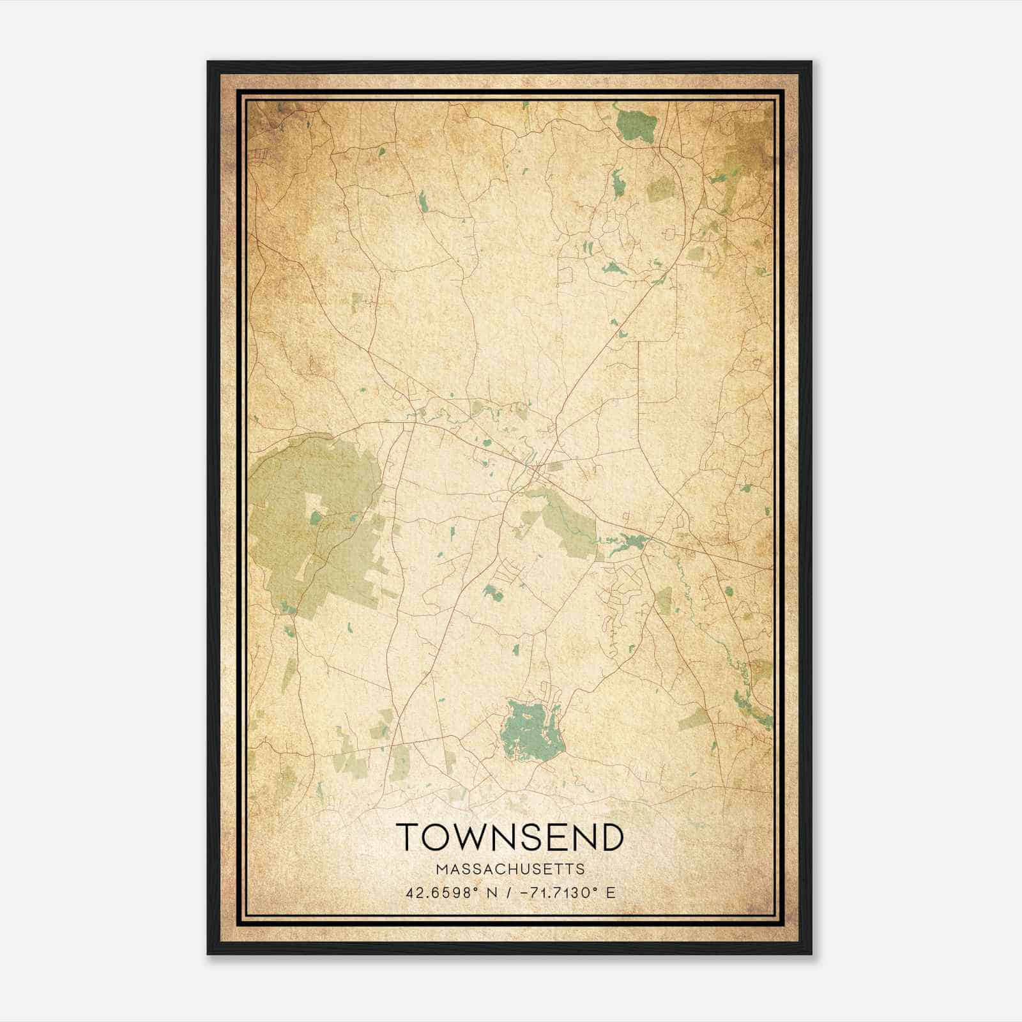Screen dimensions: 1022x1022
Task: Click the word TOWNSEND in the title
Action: pos(510,837)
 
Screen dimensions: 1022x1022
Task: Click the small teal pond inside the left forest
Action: pos(316,517)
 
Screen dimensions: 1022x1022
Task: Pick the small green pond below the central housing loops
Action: pos(492,591)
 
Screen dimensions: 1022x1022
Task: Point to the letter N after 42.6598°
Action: pos(491,892)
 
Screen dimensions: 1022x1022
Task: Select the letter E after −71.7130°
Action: pos(611,892)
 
